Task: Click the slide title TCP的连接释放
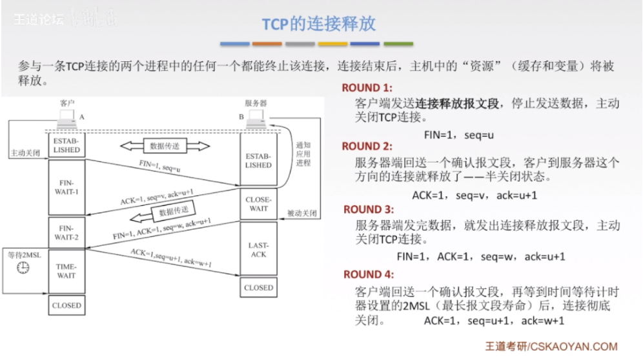tap(318, 24)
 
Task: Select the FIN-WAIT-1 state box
tap(67, 186)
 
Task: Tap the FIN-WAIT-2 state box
tap(67, 232)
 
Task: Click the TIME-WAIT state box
tap(67, 271)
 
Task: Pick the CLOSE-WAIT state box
tap(258, 204)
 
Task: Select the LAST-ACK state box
tap(258, 249)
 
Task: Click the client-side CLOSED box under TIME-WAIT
tap(67, 305)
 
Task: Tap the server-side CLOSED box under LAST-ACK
tap(258, 288)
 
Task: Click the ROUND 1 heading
tap(367, 88)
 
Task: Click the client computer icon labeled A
tap(65, 117)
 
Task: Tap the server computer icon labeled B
tap(256, 117)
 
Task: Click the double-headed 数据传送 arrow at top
tap(165, 146)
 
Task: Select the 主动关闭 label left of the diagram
tap(25, 154)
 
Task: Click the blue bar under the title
tap(235, 44)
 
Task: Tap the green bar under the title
tap(398, 44)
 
